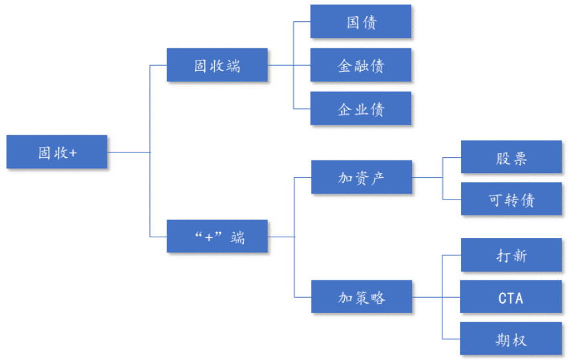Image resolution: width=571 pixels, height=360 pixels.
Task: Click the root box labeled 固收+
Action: click(x=57, y=152)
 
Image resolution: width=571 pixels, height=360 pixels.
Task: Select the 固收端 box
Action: click(x=217, y=66)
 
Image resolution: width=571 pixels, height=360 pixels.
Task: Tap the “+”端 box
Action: click(x=217, y=237)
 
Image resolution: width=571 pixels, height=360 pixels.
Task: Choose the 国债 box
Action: click(x=361, y=22)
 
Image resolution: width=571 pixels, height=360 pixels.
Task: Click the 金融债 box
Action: click(x=361, y=66)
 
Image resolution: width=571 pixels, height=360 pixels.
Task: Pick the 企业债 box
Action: click(x=361, y=109)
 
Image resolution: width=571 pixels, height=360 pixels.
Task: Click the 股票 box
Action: click(x=511, y=158)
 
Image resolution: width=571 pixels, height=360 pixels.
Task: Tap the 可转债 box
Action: click(x=511, y=200)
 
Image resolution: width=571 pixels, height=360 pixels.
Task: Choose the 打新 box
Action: click(x=511, y=255)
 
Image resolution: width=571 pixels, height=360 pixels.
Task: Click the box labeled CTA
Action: click(x=511, y=298)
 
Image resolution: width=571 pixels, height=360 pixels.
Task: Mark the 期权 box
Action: click(x=511, y=339)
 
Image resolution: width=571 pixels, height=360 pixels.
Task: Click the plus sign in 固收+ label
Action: click(x=73, y=152)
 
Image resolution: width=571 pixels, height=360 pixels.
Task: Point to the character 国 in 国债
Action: click(x=353, y=22)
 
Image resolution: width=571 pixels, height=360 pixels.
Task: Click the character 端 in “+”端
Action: click(x=237, y=237)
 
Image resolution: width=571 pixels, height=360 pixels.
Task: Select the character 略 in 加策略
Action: click(x=377, y=297)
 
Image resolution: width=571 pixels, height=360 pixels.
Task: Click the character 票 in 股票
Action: click(x=520, y=158)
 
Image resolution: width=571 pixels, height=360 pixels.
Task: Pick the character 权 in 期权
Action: click(x=520, y=339)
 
